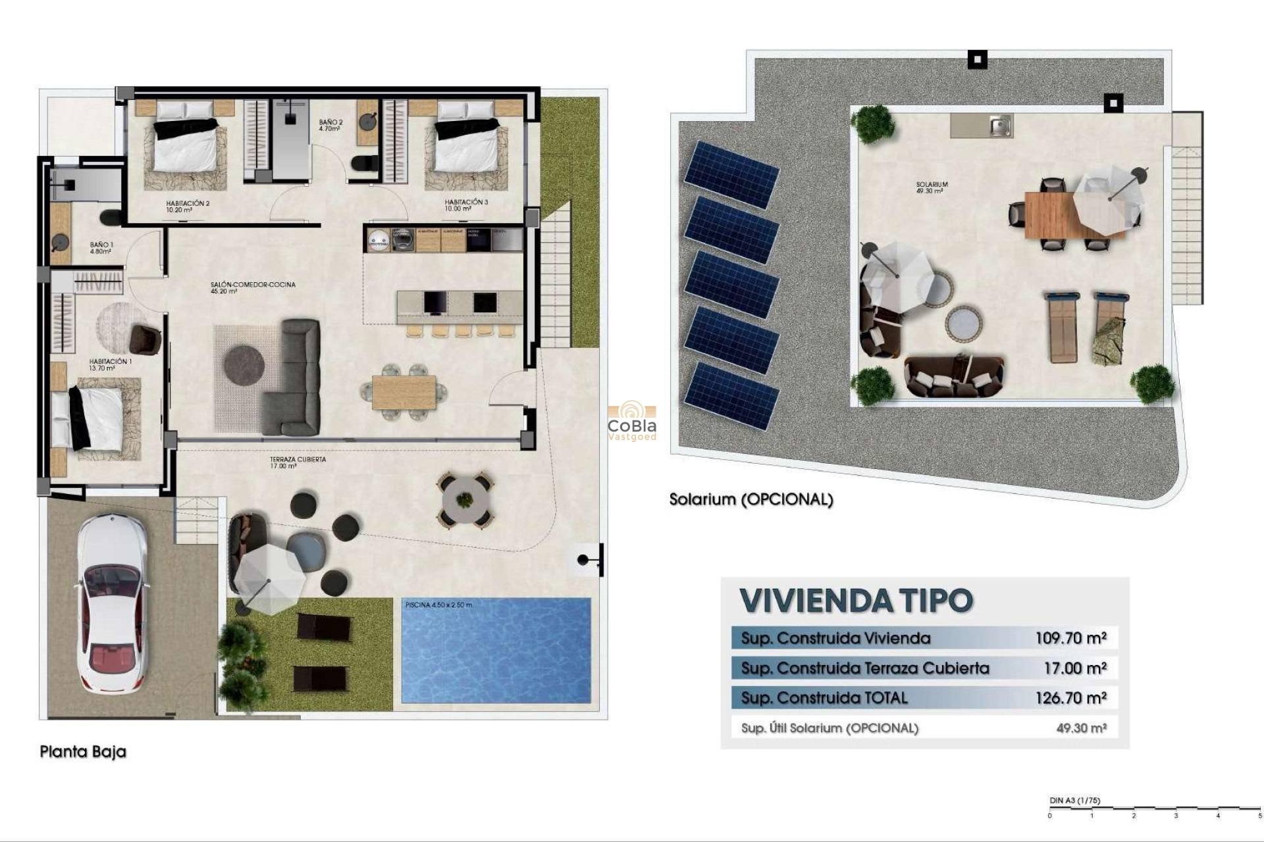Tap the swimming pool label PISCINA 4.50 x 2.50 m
pos(438,605)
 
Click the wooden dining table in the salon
pos(404,392)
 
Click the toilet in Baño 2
pos(364,164)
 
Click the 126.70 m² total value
pos(1070,698)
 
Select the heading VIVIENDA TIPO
pos(856,601)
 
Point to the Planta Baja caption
pos(83,751)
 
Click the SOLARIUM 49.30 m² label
pos(931,187)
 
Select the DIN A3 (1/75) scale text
pos(1074,801)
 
